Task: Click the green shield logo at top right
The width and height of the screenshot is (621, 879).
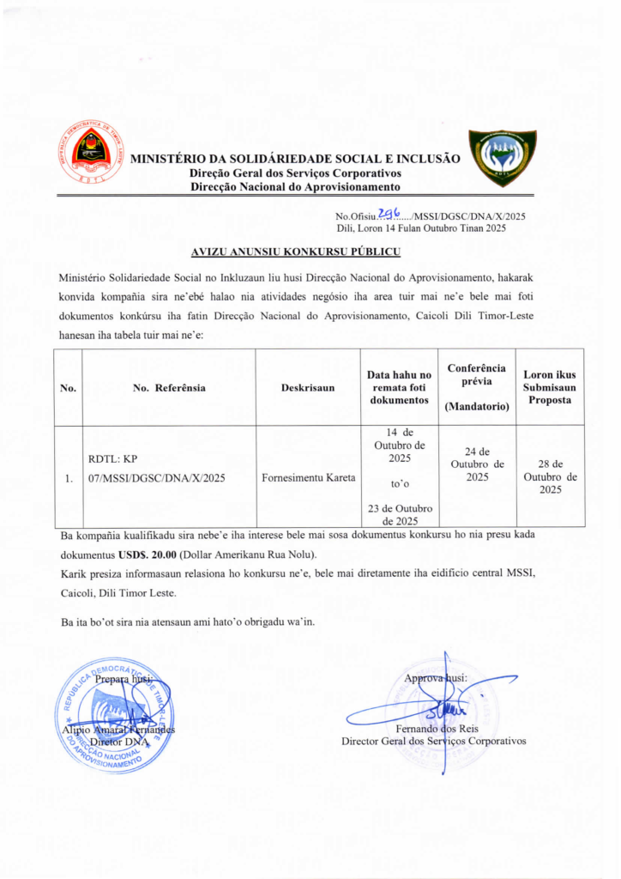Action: coord(502,158)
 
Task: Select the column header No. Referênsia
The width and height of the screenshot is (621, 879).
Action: coord(169,388)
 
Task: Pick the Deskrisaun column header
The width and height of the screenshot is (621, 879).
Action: coord(308,388)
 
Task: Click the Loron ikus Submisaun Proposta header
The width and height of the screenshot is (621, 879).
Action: coord(550,387)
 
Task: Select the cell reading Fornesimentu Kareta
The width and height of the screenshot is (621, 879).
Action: coord(308,477)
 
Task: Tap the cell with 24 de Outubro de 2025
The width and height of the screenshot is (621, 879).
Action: coord(477,464)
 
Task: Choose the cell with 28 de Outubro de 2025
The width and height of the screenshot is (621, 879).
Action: coord(550,476)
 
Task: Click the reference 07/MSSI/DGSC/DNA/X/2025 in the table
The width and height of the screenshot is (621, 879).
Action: coord(156,478)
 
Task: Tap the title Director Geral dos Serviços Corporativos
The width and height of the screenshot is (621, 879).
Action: coord(433,741)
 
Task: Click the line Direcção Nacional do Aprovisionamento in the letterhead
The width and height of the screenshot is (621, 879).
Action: coord(295,186)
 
